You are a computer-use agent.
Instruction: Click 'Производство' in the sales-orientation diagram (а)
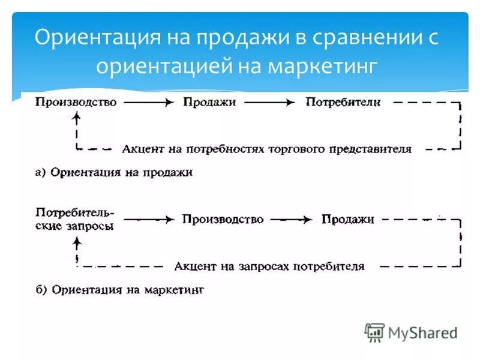pos(76,102)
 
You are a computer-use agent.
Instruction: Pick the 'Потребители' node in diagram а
pos(343,102)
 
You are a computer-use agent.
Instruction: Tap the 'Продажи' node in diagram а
pos(209,102)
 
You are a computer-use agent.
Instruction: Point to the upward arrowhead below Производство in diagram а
pos(76,118)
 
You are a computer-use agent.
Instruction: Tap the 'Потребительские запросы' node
pos(75,220)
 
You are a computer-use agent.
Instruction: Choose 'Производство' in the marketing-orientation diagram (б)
pos(223,220)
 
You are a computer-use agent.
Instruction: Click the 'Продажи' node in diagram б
pos(348,220)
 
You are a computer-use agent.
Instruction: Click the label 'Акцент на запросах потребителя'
pos(269,266)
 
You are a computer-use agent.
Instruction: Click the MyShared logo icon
pos(374,332)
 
